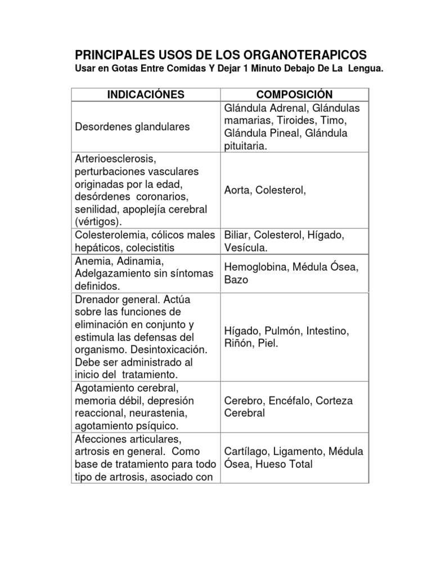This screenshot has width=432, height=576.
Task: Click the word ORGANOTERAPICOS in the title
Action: tap(298, 55)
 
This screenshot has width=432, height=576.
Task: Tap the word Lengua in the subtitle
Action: tap(366, 69)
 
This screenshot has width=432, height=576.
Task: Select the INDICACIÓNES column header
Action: tap(146, 94)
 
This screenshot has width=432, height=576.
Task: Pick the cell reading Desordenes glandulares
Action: tap(132, 127)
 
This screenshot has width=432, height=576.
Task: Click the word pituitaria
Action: tap(246, 146)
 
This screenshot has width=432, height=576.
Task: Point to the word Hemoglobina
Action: tap(256, 267)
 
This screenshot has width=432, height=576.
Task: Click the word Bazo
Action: tap(236, 280)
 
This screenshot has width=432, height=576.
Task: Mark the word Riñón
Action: tap(237, 343)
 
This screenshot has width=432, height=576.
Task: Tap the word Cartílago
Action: tap(245, 452)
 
